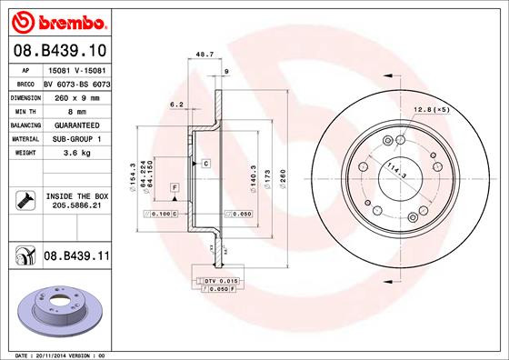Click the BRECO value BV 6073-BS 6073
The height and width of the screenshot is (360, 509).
tap(77, 81)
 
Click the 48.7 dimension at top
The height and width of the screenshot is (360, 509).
tap(205, 55)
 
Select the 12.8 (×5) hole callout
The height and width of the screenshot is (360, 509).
tap(432, 110)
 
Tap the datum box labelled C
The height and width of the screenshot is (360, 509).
tap(206, 163)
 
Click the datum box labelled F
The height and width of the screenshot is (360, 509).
tap(173, 187)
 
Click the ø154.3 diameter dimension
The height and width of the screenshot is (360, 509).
tap(133, 175)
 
